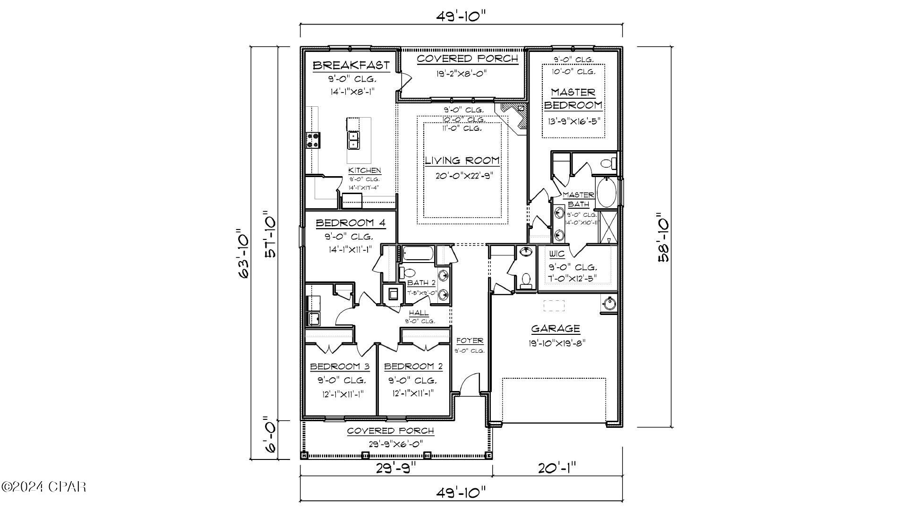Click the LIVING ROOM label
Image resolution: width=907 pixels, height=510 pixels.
click(462, 160)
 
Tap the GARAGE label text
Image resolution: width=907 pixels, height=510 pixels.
click(555, 328)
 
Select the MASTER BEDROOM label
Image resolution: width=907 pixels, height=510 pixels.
click(573, 98)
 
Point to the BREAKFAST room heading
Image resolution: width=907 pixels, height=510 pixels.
click(351, 65)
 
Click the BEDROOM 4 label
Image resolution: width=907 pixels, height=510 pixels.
click(350, 222)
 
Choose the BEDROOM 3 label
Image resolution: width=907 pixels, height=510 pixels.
click(340, 366)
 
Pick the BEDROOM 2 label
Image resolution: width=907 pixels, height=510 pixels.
click(413, 366)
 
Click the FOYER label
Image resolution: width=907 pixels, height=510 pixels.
click(470, 340)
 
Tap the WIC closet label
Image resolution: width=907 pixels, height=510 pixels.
click(557, 254)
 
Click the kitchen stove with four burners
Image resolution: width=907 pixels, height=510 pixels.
click(313, 139)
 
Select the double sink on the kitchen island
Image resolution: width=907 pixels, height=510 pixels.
click(353, 140)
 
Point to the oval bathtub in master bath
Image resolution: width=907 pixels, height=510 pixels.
click(606, 193)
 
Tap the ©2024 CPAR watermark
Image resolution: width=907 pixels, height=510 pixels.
click(43, 486)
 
